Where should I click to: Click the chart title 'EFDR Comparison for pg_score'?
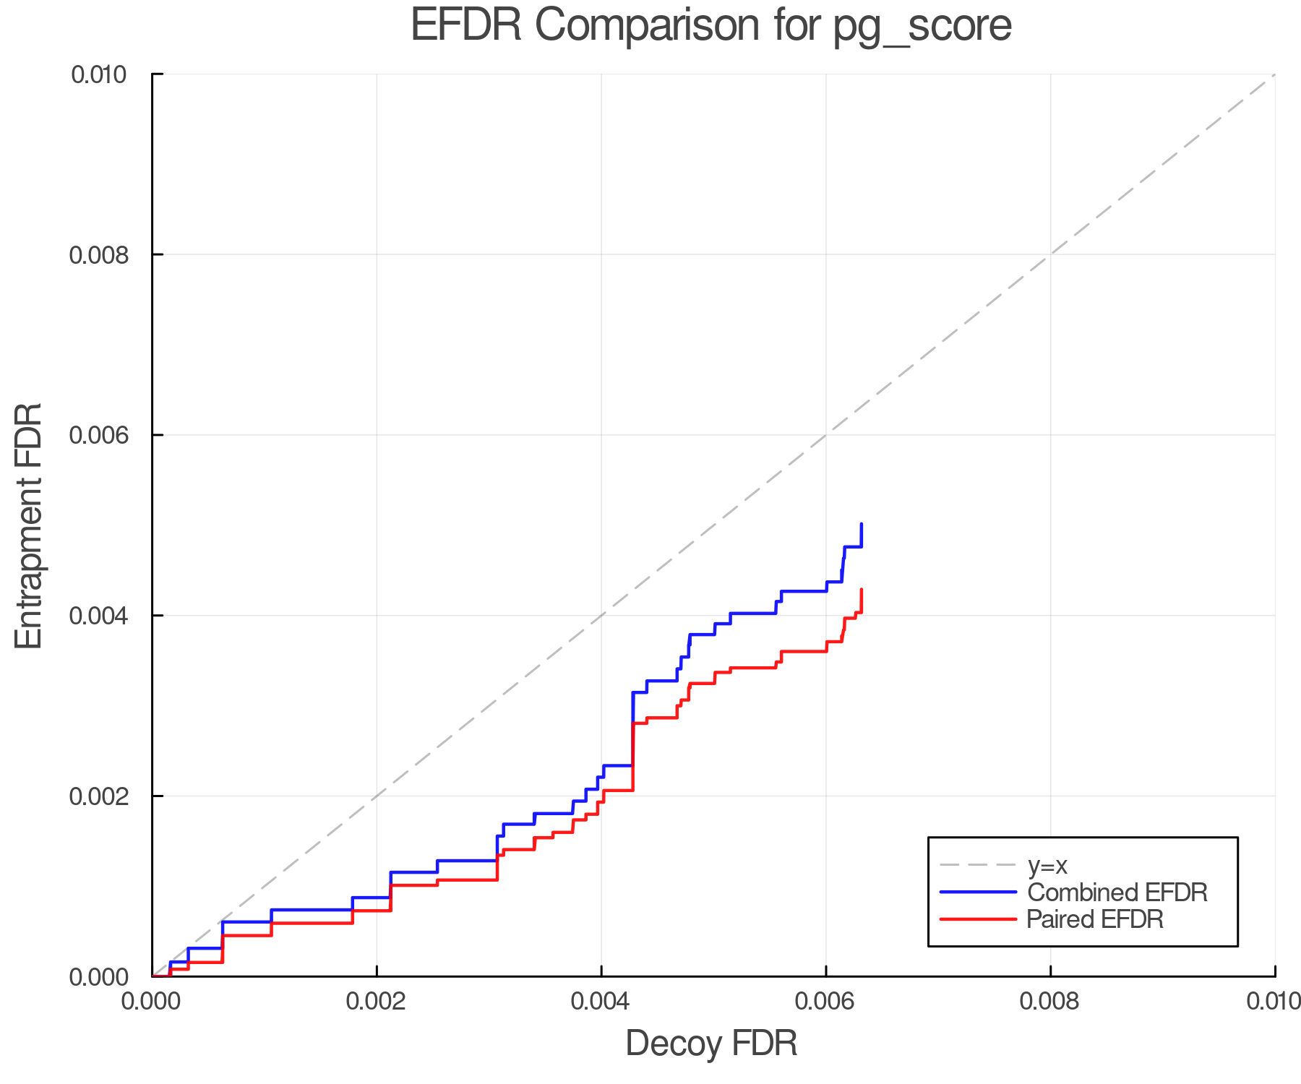point(711,26)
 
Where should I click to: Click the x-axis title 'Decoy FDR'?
point(711,1043)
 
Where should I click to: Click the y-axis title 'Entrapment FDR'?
point(29,525)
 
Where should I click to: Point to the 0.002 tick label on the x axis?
point(377,1001)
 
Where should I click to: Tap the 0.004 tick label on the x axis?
point(601,1001)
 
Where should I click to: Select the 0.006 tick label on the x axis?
point(825,1001)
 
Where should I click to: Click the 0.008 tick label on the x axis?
point(1050,1001)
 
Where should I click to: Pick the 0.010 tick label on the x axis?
point(1274,1001)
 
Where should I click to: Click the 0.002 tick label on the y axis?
point(98,796)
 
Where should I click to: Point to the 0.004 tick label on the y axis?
point(98,616)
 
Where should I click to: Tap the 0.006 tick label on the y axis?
point(98,435)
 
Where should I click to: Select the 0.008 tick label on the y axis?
point(98,254)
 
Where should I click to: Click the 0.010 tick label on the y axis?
point(98,74)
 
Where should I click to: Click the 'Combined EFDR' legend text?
point(1117,892)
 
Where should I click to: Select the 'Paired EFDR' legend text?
point(1095,919)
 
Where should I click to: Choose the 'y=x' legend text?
point(1047,865)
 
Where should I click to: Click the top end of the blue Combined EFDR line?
point(862,524)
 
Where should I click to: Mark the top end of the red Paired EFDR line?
point(862,590)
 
